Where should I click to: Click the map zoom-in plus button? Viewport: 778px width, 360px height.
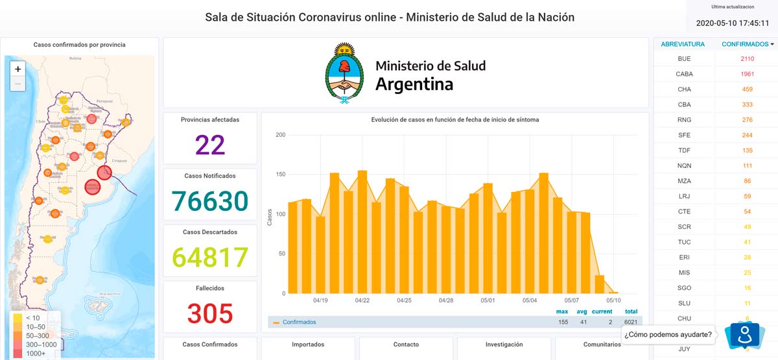click(x=18, y=69)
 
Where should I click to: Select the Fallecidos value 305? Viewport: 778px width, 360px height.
click(x=210, y=314)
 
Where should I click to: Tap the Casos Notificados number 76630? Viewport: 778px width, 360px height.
click(x=210, y=201)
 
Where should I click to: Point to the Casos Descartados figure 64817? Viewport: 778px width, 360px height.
click(x=210, y=258)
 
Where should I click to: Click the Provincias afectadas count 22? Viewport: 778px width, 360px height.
click(x=210, y=145)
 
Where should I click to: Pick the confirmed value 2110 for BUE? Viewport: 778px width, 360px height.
click(x=748, y=59)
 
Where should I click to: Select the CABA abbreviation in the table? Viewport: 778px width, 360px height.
click(x=684, y=74)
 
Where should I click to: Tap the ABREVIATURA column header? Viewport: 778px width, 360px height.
click(x=683, y=44)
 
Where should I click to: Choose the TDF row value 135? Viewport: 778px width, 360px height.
click(x=748, y=150)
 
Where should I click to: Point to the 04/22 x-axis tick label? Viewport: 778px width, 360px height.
click(x=362, y=301)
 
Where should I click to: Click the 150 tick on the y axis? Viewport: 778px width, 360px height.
click(x=280, y=174)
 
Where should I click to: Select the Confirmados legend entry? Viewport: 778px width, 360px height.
click(x=299, y=322)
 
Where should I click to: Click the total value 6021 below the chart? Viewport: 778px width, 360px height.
click(x=631, y=322)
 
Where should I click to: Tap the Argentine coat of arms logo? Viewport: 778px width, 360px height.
click(x=344, y=73)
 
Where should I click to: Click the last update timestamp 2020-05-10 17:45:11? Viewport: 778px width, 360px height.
click(x=732, y=23)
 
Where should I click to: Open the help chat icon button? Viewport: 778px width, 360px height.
click(x=744, y=335)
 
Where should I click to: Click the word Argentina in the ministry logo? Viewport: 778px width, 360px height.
click(x=414, y=84)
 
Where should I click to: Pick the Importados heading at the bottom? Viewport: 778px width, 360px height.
click(x=308, y=344)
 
